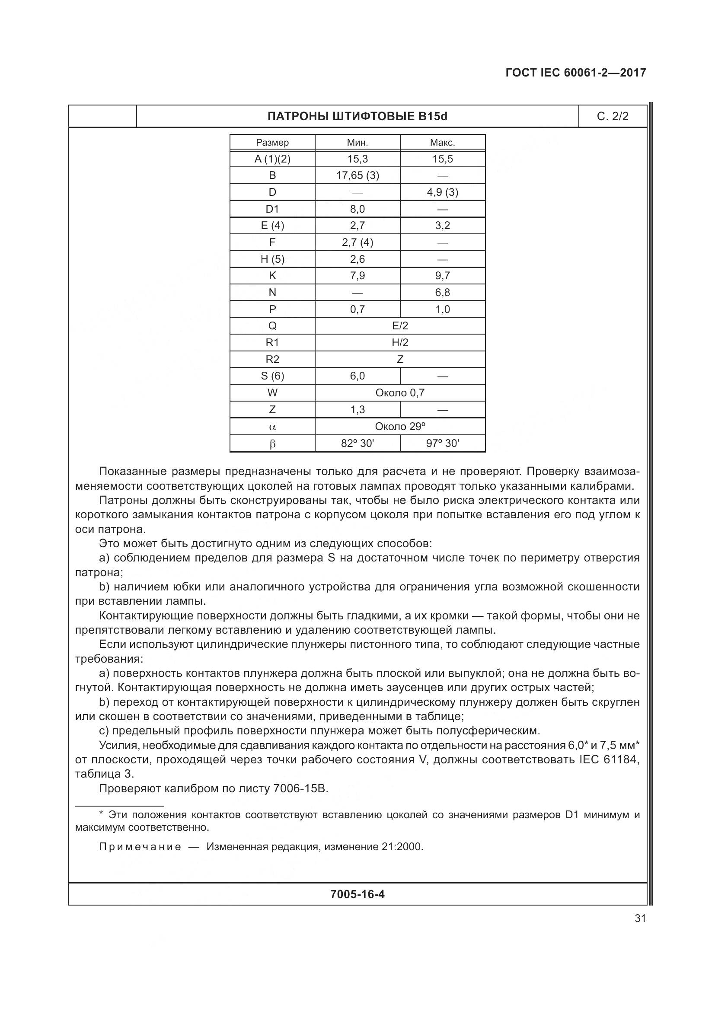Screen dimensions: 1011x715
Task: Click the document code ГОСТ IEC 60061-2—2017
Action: tap(575, 73)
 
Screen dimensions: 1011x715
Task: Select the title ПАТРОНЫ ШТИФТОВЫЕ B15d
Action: tap(357, 116)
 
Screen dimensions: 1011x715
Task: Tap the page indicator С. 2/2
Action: tap(613, 116)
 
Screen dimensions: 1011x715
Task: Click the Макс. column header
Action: tap(443, 143)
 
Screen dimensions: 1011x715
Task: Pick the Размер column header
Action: tap(272, 143)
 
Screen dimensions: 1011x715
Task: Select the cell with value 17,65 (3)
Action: tap(357, 175)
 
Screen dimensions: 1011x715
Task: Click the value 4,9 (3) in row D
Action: tap(443, 192)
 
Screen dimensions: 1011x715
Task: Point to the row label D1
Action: tap(272, 209)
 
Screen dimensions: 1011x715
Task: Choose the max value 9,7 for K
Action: tap(443, 276)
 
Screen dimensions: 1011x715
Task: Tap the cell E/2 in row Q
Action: tap(400, 326)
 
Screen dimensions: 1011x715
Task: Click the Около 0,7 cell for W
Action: tap(400, 393)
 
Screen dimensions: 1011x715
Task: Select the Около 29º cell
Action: tap(400, 426)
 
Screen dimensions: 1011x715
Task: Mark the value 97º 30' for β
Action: tap(443, 443)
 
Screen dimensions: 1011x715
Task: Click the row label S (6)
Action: tap(272, 376)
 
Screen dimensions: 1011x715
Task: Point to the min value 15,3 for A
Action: tap(357, 159)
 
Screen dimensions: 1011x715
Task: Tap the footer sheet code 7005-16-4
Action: tap(357, 894)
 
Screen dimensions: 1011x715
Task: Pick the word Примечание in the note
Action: tap(140, 847)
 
